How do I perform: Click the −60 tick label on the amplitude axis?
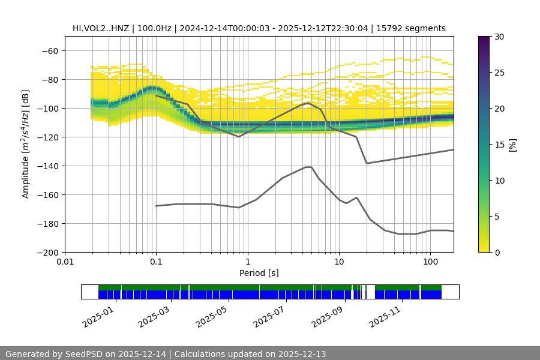(50, 50)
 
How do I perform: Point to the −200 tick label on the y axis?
(47, 252)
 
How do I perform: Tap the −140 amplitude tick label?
(47, 166)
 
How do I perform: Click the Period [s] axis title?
(259, 273)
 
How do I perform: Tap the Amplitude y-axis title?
(26, 144)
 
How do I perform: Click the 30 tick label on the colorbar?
(499, 37)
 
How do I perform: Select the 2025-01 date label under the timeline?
(97, 314)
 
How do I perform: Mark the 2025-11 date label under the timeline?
(384, 314)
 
